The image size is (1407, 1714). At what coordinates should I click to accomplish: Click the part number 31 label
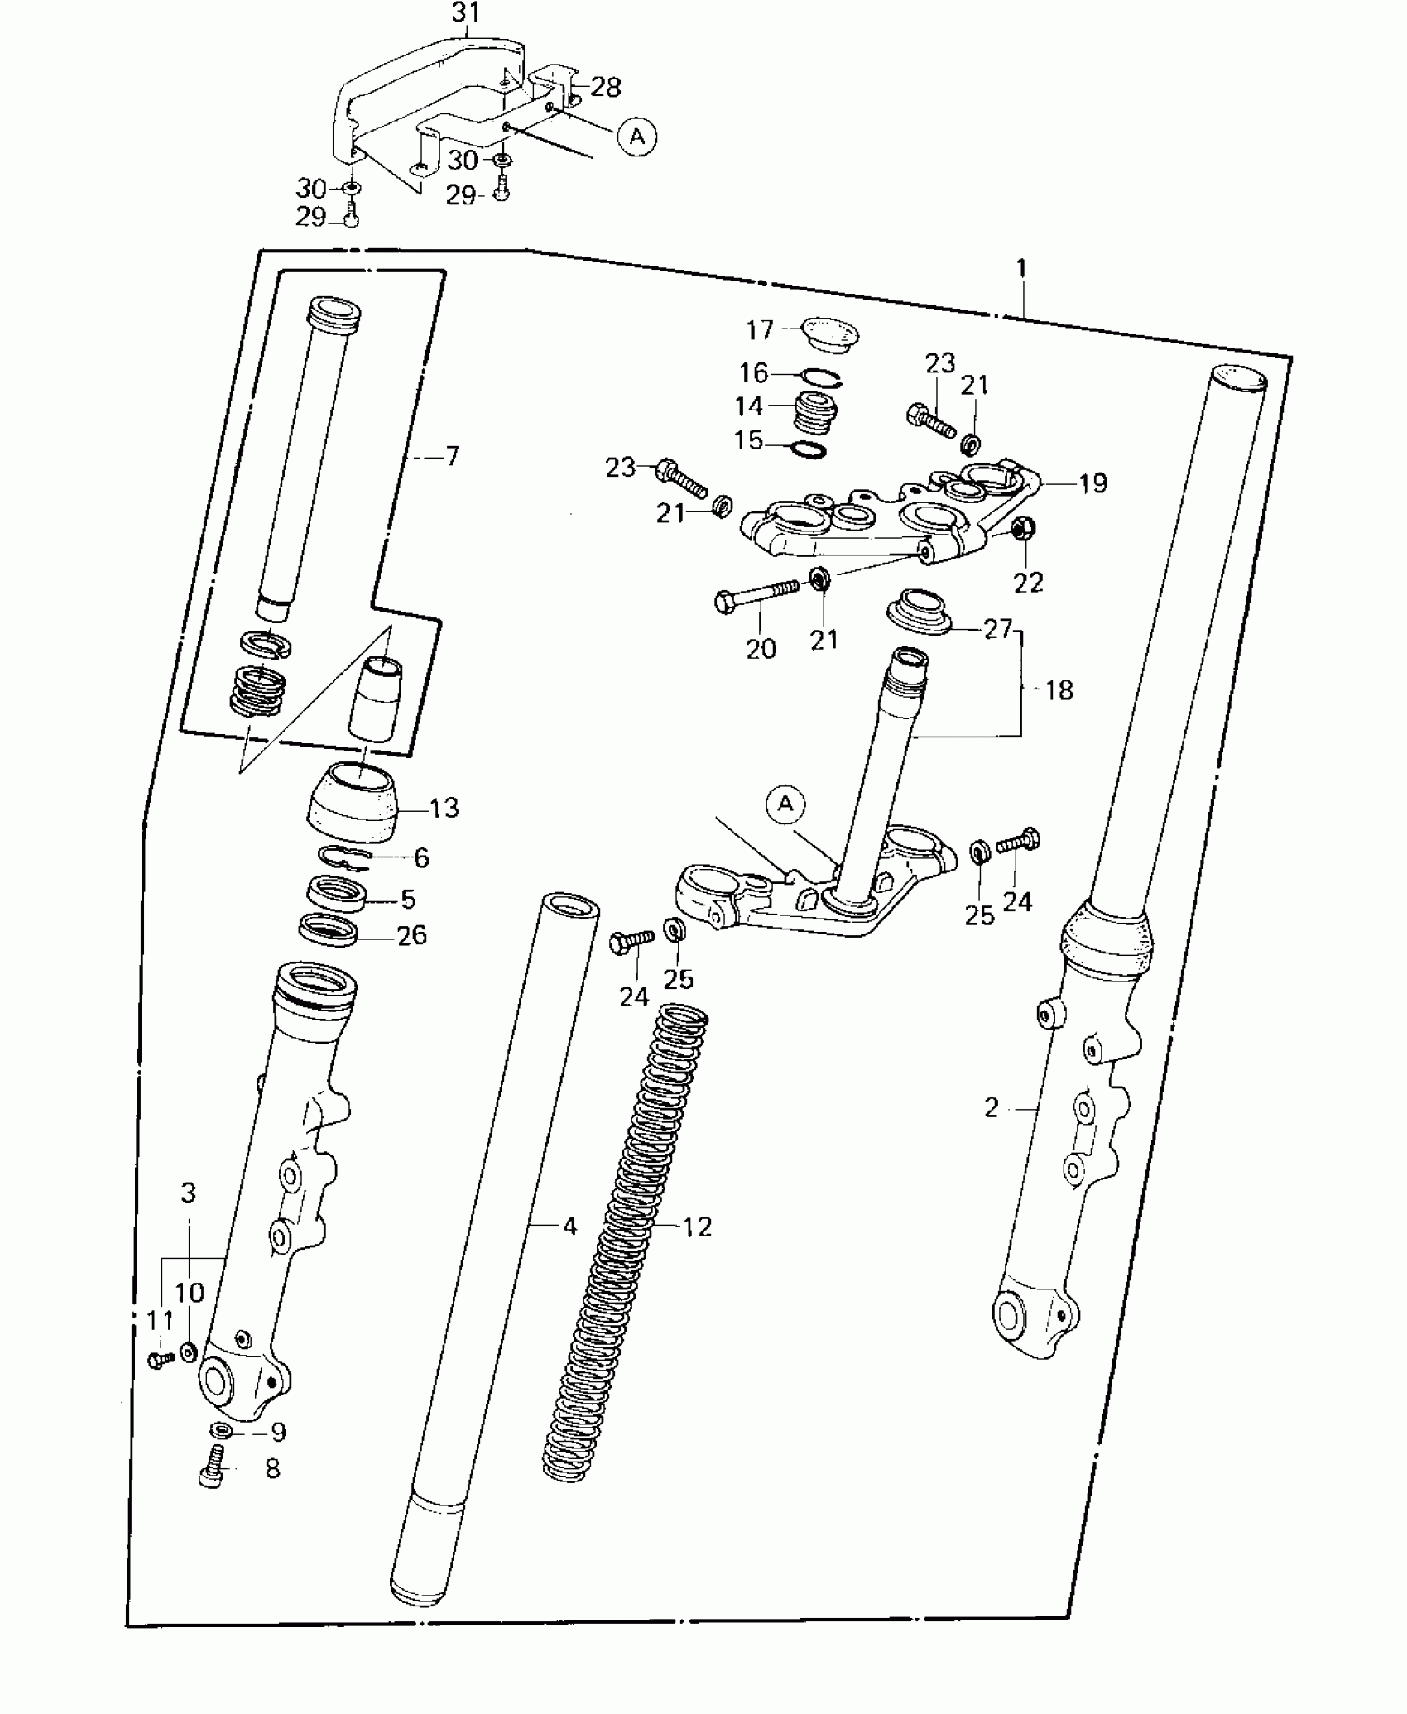[x=466, y=13]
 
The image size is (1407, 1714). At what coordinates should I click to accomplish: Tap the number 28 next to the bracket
[x=606, y=87]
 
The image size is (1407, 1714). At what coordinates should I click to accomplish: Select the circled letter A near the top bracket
[x=636, y=136]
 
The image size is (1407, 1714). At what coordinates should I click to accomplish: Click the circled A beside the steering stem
[x=785, y=804]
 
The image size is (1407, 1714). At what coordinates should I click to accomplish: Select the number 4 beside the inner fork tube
[x=569, y=1227]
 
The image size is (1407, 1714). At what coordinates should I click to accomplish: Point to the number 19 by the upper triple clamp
[x=1092, y=483]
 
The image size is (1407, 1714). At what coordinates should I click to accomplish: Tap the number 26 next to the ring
[x=411, y=935]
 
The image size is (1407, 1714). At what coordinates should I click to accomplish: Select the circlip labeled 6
[x=345, y=857]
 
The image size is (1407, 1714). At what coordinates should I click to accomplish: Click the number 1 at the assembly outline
[x=1021, y=268]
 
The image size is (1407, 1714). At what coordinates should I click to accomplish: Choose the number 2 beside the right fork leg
[x=992, y=1107]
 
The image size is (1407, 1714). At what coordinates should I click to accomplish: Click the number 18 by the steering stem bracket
[x=1059, y=689]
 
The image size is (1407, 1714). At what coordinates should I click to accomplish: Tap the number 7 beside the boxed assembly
[x=452, y=456]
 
